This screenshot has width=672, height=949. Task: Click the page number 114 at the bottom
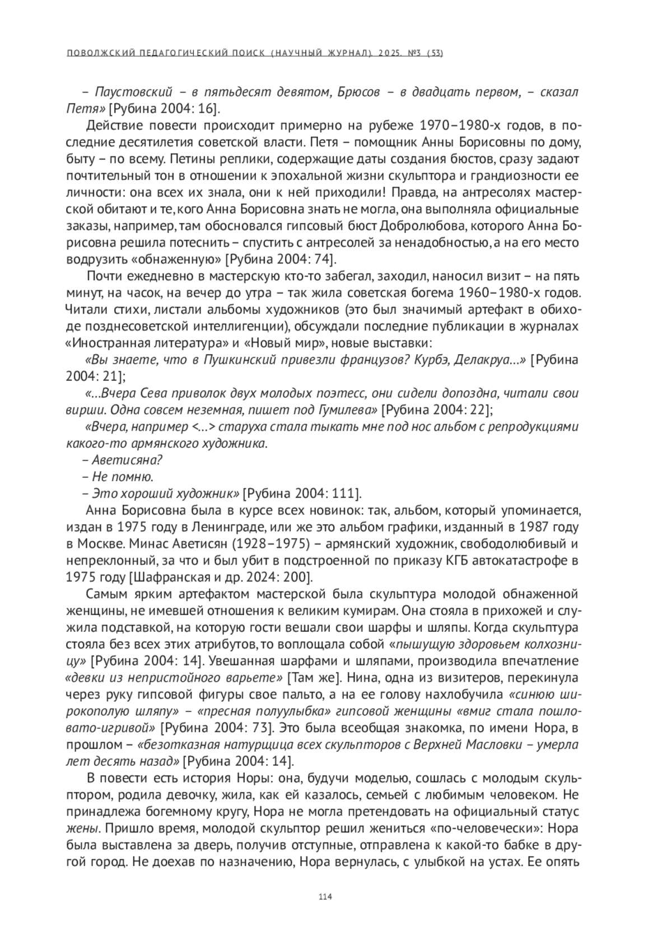tap(325, 896)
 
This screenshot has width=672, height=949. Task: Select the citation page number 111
tap(343, 494)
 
